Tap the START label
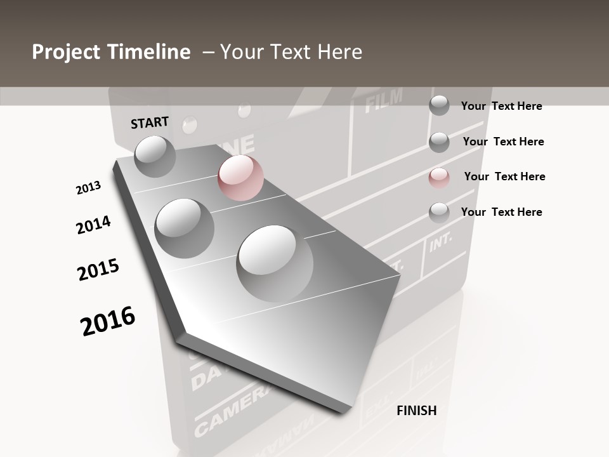tap(150, 123)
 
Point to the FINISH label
tap(417, 411)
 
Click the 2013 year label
tap(88, 188)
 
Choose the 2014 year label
tap(93, 225)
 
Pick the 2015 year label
tap(98, 270)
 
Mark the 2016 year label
tap(108, 321)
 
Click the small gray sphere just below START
tap(155, 156)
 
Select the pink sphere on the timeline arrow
tap(240, 178)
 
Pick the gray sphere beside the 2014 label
tap(185, 228)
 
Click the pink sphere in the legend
tap(439, 178)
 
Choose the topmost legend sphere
tap(439, 105)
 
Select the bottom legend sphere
tap(439, 213)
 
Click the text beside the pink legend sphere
tap(504, 176)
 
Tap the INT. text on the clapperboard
tap(440, 242)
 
